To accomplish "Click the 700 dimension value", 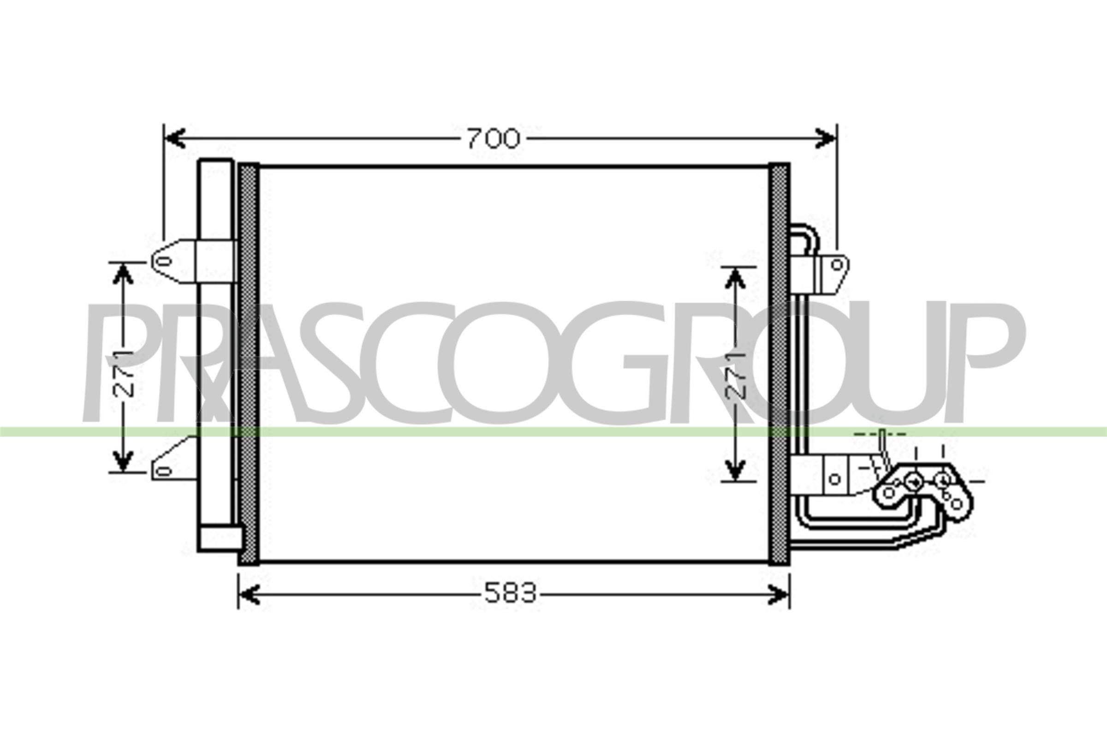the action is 493,138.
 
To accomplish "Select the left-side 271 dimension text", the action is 123,374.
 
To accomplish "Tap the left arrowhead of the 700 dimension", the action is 174,138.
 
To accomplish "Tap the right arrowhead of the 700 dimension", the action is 826,138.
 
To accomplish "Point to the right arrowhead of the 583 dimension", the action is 779,595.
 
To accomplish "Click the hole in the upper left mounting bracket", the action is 163,261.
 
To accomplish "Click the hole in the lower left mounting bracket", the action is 163,471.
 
